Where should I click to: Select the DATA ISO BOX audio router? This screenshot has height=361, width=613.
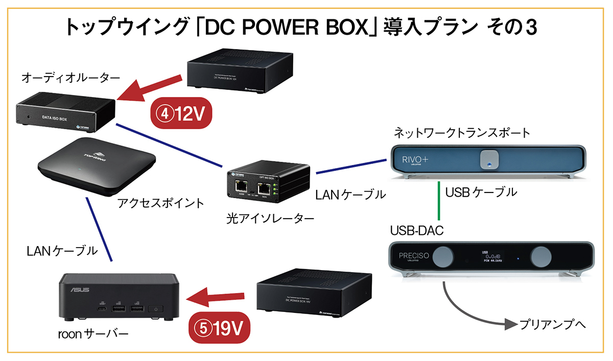65,113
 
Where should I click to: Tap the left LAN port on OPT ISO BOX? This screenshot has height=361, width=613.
241,188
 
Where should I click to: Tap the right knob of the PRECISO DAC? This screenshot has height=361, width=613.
539,256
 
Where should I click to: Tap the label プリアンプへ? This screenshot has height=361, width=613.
551,324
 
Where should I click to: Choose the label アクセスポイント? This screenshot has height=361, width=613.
161,203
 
